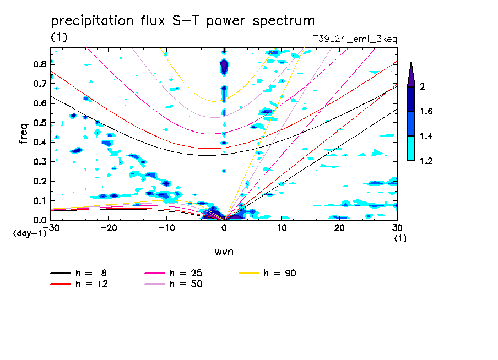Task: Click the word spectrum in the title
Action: pos(283,21)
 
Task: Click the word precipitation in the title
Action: pos(92,21)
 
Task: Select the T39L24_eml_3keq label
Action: pos(355,39)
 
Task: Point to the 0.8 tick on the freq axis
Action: pos(40,64)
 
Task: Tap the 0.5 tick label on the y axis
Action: pos(40,123)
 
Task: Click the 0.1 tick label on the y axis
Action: pos(40,201)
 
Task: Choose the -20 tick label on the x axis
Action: pos(109,228)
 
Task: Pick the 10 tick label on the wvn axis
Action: pos(282,228)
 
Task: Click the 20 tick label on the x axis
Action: pos(339,228)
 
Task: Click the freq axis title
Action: pos(24,134)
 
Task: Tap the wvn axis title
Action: pos(224,252)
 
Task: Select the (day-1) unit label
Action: pos(30,233)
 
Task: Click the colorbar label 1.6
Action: pos(426,111)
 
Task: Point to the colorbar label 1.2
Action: pos(426,161)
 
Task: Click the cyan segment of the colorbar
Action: pos(411,148)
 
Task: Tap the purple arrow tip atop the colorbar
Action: pos(411,63)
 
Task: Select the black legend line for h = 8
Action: pos(61,273)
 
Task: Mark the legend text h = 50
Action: pos(186,283)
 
